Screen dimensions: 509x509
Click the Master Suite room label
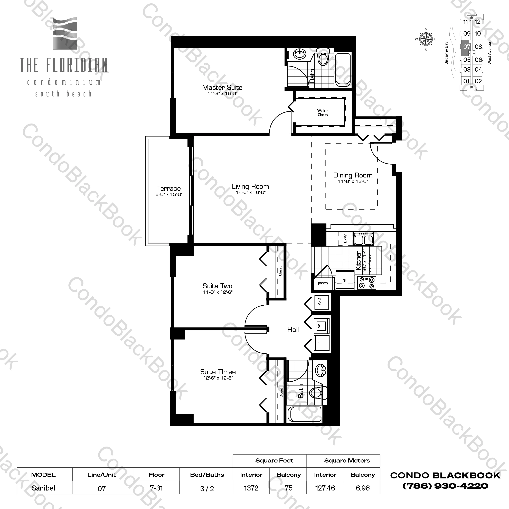222,88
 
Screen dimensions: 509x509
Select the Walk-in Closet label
323,113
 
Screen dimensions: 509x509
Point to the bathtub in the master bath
343,70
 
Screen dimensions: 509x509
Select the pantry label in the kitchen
323,283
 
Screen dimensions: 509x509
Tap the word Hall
293,330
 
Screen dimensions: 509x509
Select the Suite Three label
218,372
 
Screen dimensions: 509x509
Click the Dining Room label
353,175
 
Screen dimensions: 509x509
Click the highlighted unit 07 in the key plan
467,47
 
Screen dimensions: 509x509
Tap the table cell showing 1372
251,488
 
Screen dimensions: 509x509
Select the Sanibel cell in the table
43,488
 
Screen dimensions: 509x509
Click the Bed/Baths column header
207,475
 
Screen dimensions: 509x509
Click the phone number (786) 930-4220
445,486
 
